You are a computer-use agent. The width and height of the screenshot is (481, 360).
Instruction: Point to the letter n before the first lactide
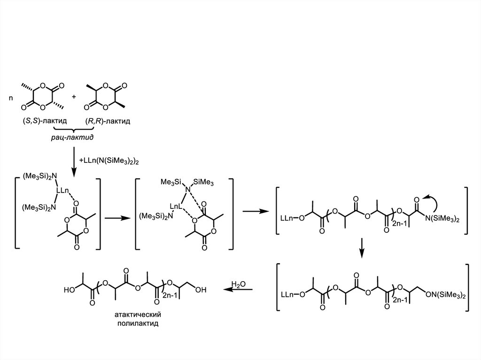tap(11, 99)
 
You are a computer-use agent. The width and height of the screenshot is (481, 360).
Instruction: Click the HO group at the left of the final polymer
tap(70, 290)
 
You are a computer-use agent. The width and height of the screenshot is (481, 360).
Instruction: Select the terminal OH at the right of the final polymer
tap(201, 290)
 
